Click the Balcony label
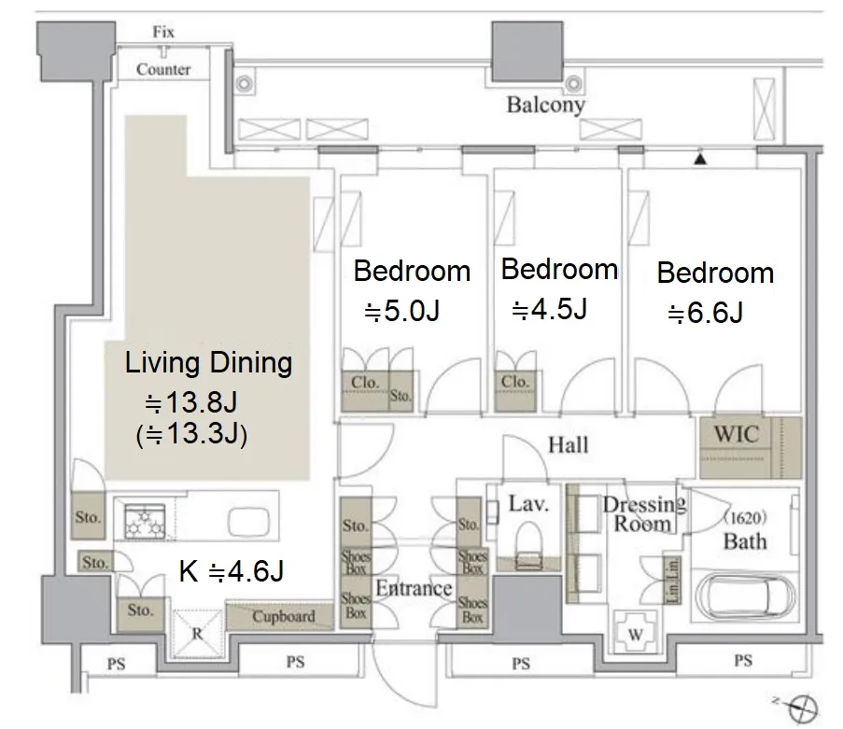click(x=546, y=105)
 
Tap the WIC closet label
click(x=737, y=434)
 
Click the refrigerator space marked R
click(x=197, y=633)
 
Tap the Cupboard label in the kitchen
click(x=283, y=616)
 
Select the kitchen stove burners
click(x=145, y=522)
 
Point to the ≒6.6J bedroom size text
click(x=705, y=313)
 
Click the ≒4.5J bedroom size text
click(x=549, y=309)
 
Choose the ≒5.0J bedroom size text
click(x=401, y=311)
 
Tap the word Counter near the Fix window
click(x=163, y=69)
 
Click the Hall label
click(x=569, y=445)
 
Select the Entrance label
click(x=414, y=588)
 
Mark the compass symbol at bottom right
click(x=802, y=708)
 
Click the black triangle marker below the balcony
click(x=700, y=159)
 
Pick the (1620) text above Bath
click(x=745, y=518)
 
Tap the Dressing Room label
click(x=643, y=513)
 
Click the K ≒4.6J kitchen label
click(x=232, y=571)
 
